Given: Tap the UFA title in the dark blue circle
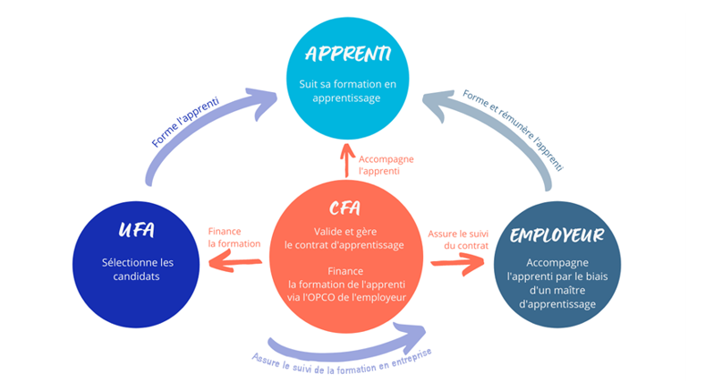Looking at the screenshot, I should point(136,232).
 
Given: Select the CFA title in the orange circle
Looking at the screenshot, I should point(344,208).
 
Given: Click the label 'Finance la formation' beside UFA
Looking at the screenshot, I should point(234,237).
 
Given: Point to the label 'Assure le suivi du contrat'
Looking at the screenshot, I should point(458,238).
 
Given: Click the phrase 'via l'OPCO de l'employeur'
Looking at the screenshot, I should point(344,296).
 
